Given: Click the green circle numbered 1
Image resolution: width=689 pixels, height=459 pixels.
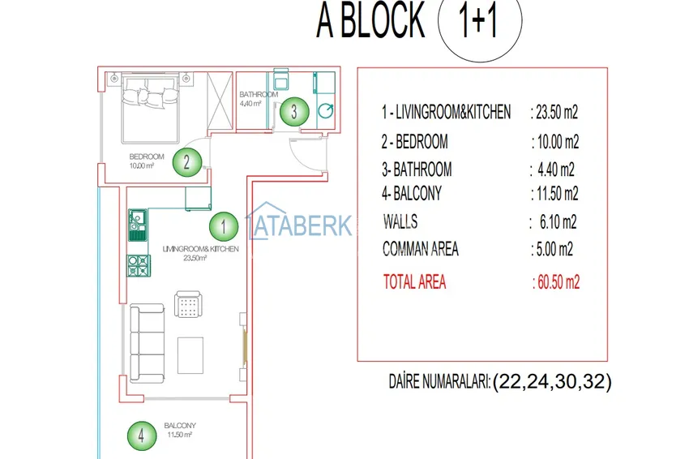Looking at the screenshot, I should pos(223,225).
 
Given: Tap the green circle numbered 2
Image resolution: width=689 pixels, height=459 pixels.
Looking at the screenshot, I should pos(187,162).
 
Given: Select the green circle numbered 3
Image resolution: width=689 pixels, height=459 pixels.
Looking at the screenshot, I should pos(294,111).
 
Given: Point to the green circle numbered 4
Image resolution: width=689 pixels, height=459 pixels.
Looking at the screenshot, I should pos(141,435).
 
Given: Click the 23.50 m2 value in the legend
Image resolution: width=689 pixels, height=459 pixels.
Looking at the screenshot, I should pos(554,112).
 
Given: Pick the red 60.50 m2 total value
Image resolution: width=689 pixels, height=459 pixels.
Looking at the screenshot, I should pos(557,282).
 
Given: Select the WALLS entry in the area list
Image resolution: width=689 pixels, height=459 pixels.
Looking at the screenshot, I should pos(400,221).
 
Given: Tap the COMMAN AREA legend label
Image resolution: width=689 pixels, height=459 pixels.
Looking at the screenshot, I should pos(421,249).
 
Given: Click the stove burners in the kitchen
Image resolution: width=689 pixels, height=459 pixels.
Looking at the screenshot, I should pos(138,265).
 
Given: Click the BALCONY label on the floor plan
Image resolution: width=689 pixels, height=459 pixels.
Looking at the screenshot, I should pos(179,426).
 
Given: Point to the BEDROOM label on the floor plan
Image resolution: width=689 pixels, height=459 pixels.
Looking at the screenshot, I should pos(147,157).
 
